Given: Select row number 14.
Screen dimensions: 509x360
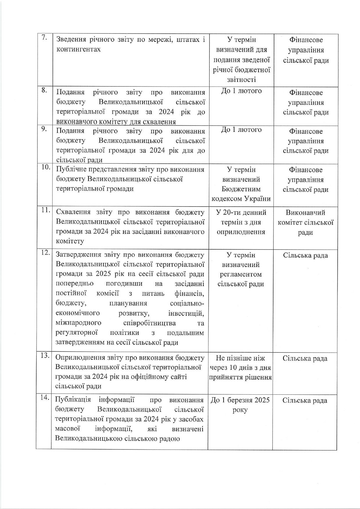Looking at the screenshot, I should click(x=45, y=398).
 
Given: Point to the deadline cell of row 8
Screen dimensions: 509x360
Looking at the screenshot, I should click(x=241, y=91).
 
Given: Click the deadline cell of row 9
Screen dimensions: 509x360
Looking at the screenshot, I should click(x=241, y=130).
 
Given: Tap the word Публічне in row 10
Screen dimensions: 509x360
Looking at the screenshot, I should click(x=70, y=169).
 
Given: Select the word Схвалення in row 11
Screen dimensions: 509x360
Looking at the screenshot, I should click(x=72, y=212).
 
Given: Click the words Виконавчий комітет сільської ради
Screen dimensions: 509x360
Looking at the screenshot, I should click(x=305, y=223).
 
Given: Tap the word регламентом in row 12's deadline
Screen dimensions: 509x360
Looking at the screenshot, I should click(x=241, y=274).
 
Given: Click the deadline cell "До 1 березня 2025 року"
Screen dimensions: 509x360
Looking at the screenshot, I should click(x=240, y=405).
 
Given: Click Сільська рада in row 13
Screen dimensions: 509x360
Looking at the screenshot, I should click(x=305, y=358).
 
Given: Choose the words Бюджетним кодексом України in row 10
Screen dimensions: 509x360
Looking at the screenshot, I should click(x=241, y=194).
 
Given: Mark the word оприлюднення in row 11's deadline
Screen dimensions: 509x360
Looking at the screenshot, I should click(x=241, y=232).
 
